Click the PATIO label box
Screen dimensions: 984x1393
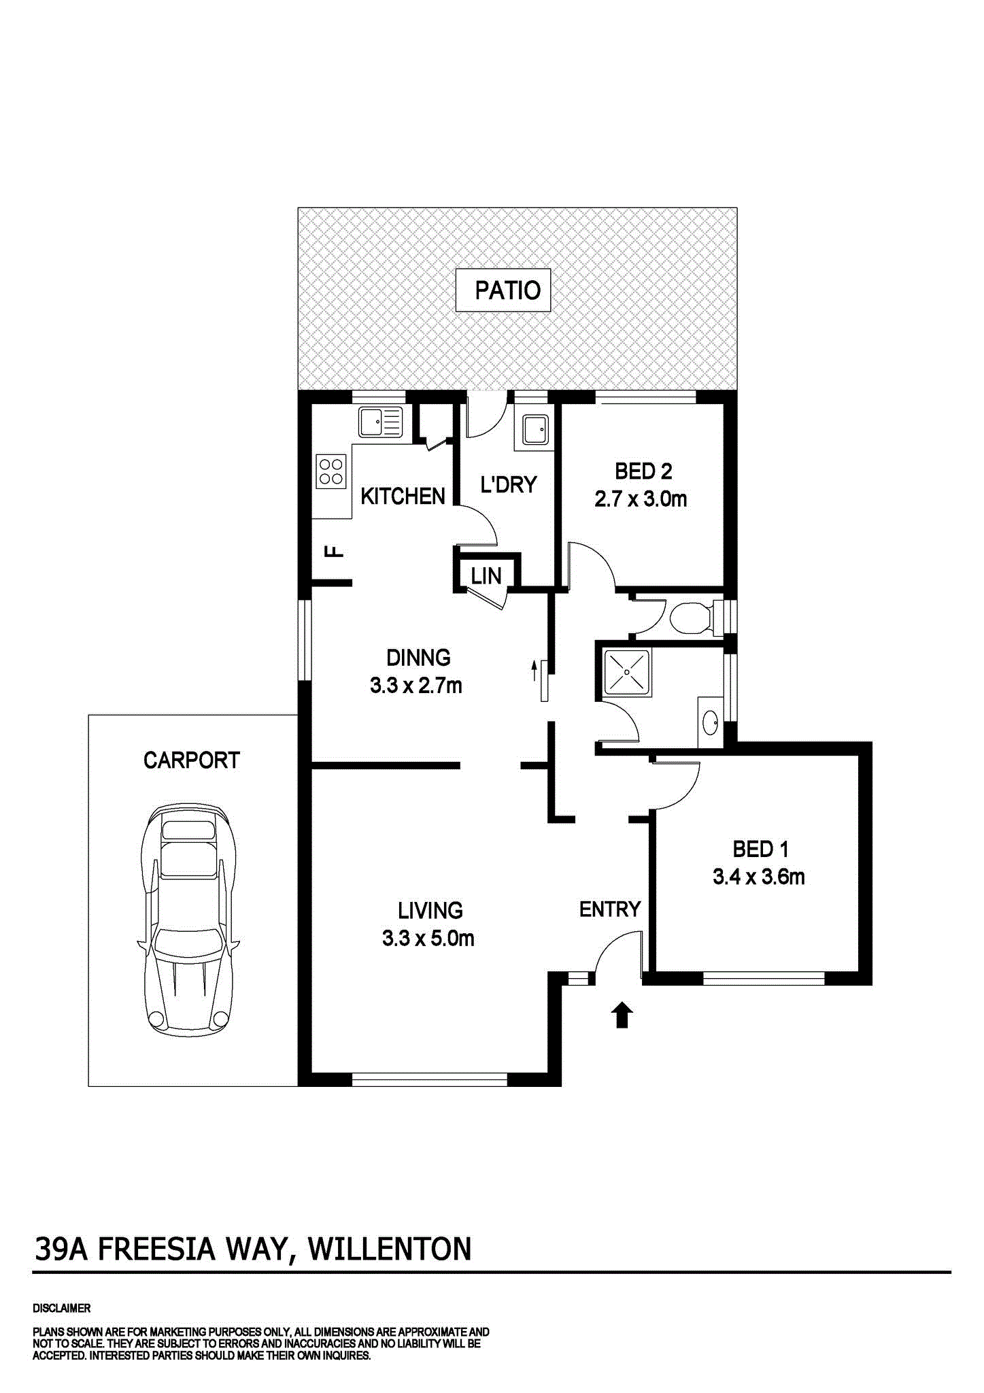pos(503,290)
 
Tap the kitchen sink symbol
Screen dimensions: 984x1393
pos(380,422)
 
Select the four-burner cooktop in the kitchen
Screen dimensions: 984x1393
pos(331,471)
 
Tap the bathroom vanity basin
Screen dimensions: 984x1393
pos(711,722)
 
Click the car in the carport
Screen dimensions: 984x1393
pos(189,918)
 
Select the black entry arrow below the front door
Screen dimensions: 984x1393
pos(622,1016)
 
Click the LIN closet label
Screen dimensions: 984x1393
pos(486,576)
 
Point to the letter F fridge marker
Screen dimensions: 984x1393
pos(335,551)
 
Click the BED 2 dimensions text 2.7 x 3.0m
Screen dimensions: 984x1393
pos(641,499)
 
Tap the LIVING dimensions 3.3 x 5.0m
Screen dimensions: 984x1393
pos(428,939)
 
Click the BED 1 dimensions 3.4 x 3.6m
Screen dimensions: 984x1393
pos(758,877)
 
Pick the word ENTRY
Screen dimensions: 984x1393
pos(610,909)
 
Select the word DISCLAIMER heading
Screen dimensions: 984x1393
pos(61,1308)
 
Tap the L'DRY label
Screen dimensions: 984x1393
pos(509,484)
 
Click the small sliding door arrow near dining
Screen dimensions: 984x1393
pos(534,670)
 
